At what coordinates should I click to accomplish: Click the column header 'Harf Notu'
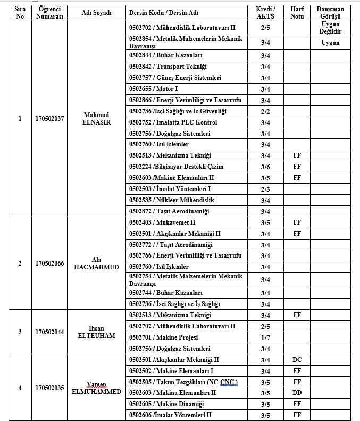pos(297,13)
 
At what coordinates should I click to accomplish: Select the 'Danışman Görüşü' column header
pos(330,13)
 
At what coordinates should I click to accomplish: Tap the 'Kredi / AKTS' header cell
pos(265,13)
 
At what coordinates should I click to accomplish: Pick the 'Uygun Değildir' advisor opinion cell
pos(330,28)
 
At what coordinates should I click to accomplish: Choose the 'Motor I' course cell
pos(154,89)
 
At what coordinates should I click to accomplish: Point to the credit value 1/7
pos(265,337)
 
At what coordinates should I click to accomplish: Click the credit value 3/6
pos(265,167)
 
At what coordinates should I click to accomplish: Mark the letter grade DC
pos(297,360)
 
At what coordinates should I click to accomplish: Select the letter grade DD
pos(297,393)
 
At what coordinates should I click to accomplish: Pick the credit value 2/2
pos(265,111)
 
